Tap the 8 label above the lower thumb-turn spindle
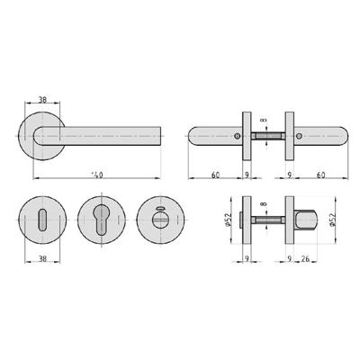tap(263, 205)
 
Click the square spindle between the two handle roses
tap(266, 137)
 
